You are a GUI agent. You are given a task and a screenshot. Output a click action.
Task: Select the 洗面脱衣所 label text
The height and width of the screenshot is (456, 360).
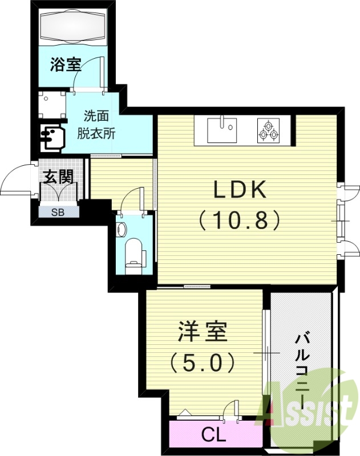(96, 125)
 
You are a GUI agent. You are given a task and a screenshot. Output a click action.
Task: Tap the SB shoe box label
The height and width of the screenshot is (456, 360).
(58, 213)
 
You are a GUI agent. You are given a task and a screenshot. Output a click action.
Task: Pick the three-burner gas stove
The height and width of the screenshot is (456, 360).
(268, 131)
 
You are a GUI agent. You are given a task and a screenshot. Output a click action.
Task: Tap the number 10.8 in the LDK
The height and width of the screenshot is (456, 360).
(240, 219)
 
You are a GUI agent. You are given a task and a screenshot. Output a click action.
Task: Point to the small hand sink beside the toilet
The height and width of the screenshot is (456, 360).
(121, 229)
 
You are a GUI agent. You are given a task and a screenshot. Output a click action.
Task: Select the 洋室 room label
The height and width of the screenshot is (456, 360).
(203, 332)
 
